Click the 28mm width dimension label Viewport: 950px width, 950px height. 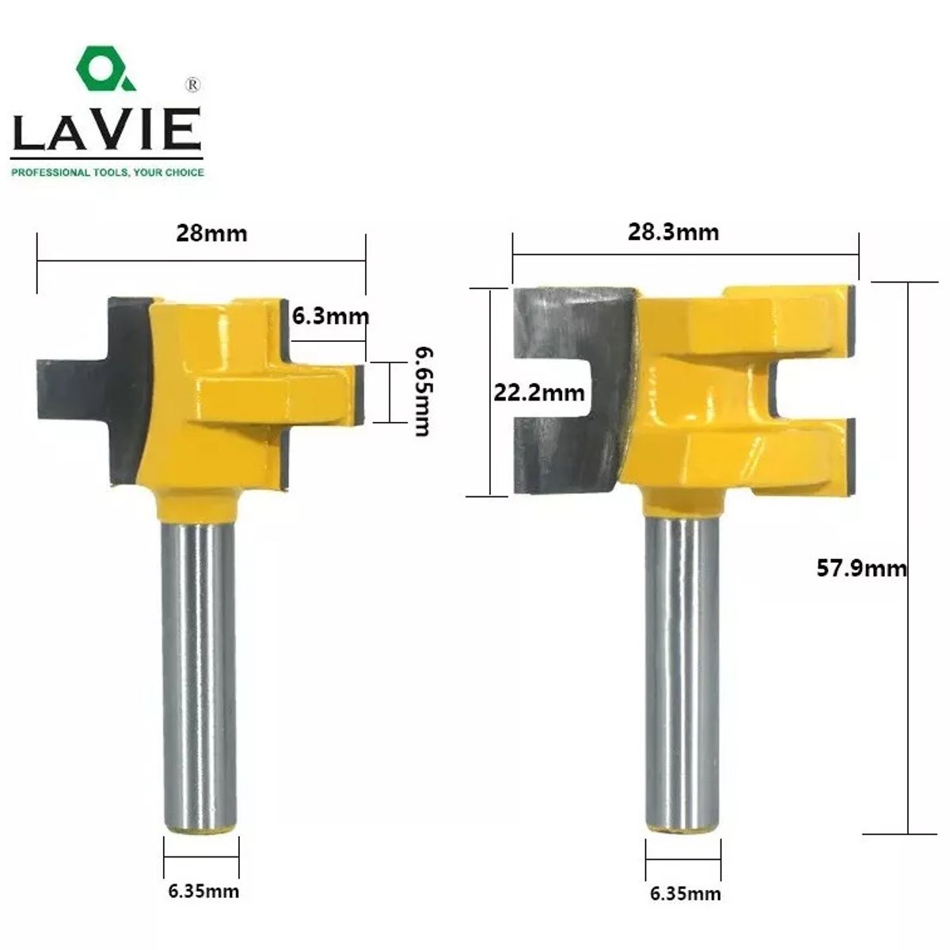[211, 234]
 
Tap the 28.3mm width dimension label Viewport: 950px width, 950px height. [673, 232]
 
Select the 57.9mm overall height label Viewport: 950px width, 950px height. [861, 568]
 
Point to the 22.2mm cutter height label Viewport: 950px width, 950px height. [539, 393]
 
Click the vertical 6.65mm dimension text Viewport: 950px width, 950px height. [423, 392]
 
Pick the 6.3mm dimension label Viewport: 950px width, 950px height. [330, 316]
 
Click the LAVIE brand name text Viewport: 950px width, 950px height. [107, 129]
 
